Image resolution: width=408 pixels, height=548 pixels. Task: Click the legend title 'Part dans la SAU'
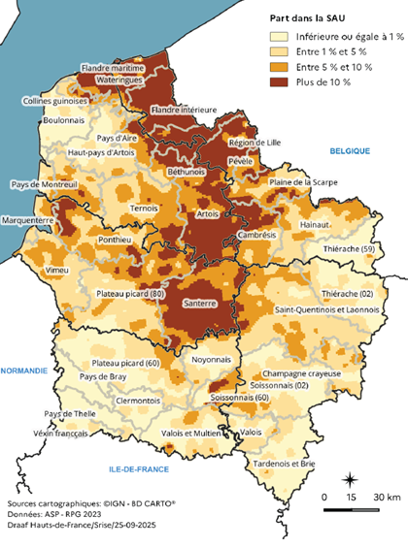pos(312,18)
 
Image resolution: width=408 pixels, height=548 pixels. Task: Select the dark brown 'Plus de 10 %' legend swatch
pos(281,81)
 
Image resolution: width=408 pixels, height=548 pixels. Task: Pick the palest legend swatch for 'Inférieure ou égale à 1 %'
pos(281,37)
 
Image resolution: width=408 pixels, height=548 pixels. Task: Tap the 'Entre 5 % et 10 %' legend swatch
pos(281,67)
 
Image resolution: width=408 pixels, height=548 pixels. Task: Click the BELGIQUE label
pos(351,152)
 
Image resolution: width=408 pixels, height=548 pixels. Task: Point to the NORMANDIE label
pos(26,371)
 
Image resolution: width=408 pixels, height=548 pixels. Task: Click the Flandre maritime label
pos(114,69)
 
